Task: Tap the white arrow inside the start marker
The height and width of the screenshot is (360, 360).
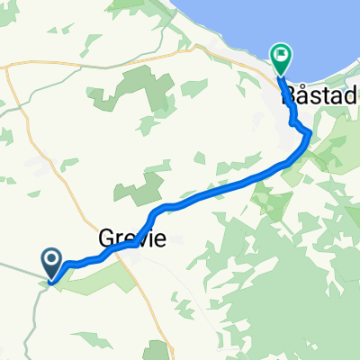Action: click(x=52, y=262)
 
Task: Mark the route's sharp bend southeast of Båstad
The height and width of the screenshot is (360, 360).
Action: click(x=309, y=133)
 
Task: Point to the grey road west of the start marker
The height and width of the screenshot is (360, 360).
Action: click(x=18, y=267)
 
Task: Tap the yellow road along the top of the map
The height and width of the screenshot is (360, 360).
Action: click(x=135, y=61)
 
